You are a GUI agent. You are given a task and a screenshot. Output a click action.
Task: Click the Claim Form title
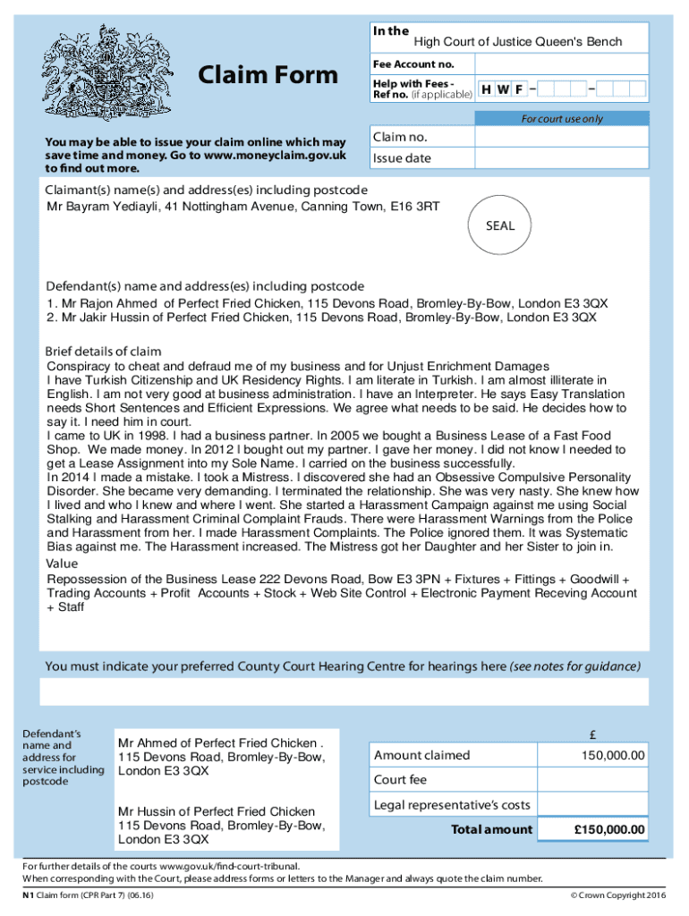(x=268, y=75)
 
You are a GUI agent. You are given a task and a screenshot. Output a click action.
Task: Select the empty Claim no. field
(x=561, y=137)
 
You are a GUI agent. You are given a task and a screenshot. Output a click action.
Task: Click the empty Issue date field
(x=561, y=158)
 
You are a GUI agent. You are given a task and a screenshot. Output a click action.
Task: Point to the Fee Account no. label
(x=413, y=64)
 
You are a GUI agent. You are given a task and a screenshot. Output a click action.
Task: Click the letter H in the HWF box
(x=486, y=89)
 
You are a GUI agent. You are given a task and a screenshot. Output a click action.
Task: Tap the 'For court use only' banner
(x=562, y=119)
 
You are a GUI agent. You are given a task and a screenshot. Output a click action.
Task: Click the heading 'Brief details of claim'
(x=103, y=351)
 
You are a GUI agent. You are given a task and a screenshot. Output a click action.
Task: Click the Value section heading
(x=62, y=564)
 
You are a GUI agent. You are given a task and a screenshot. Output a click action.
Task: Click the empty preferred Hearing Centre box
(x=344, y=691)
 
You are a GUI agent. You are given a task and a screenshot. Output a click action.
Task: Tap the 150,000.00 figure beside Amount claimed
(x=612, y=756)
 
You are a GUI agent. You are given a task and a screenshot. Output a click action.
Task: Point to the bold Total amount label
(x=491, y=829)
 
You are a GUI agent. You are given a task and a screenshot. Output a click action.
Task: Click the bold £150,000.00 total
(x=608, y=830)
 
